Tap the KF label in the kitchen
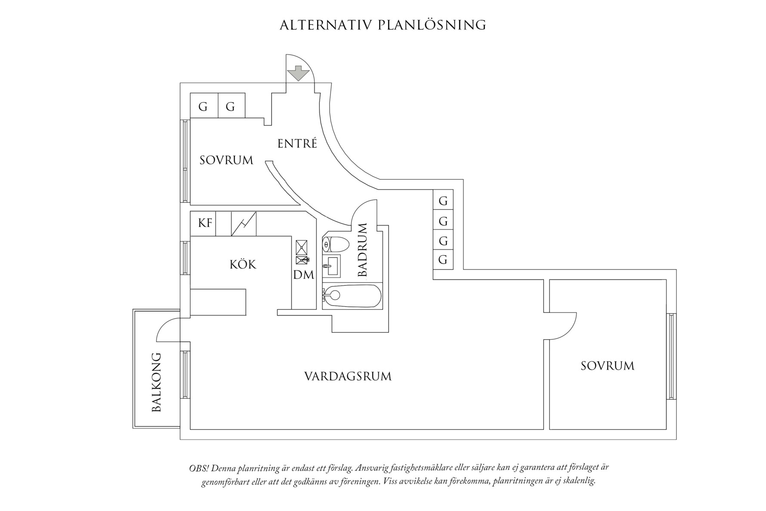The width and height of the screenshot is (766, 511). pyautogui.click(x=205, y=223)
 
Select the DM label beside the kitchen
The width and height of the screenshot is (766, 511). pyautogui.click(x=304, y=275)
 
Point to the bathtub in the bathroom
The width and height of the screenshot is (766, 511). pyautogui.click(x=352, y=296)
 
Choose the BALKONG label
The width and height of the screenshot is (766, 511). pyautogui.click(x=157, y=382)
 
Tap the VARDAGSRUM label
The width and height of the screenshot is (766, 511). pyautogui.click(x=348, y=377)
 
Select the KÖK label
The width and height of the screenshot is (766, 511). pyautogui.click(x=243, y=264)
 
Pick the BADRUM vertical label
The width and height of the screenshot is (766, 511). pyautogui.click(x=362, y=250)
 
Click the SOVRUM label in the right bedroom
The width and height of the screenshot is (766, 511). pyautogui.click(x=608, y=366)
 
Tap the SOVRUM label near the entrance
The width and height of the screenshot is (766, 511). pyautogui.click(x=226, y=161)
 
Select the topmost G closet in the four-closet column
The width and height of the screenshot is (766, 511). pyautogui.click(x=443, y=200)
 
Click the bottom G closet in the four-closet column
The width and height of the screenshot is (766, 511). pyautogui.click(x=443, y=260)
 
